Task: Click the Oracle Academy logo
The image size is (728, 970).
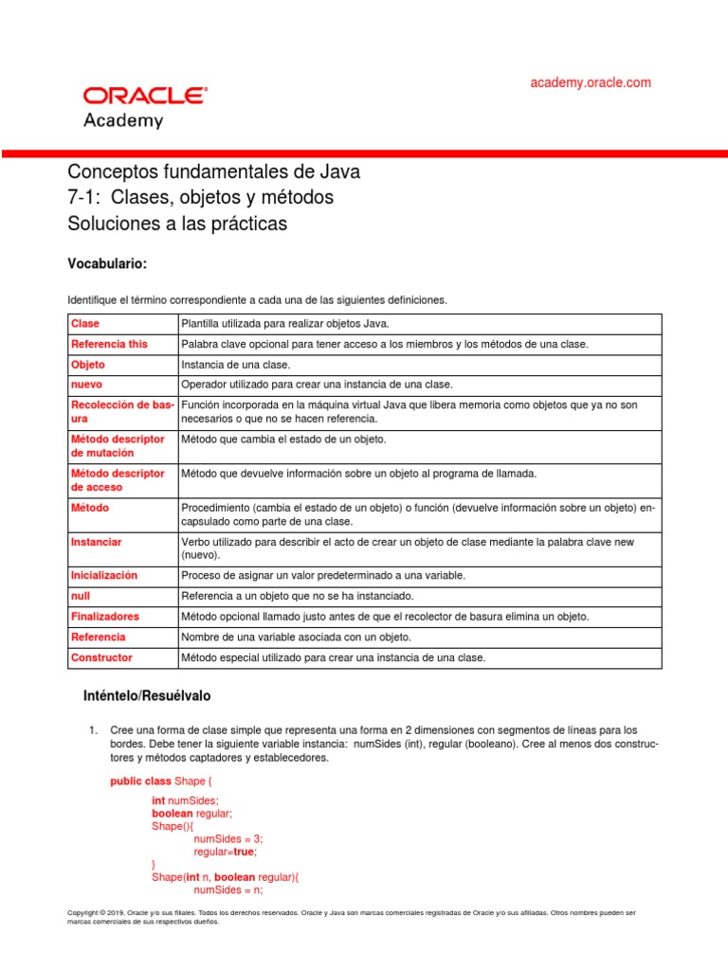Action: coord(145,107)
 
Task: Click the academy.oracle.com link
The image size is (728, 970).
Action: coord(591,82)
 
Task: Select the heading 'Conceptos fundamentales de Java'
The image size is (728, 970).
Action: coord(214,172)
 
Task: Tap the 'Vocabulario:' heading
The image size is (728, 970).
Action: coord(107,262)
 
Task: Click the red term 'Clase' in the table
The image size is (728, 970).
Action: coord(85,324)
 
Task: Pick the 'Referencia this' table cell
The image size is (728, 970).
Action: coord(109,344)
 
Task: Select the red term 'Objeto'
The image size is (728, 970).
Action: coord(88,365)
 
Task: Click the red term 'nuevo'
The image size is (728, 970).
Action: coord(86,385)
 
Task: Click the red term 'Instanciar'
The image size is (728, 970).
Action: coord(96,542)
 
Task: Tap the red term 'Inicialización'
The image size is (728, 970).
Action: coord(104,575)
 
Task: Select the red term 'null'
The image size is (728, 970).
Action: coord(81,596)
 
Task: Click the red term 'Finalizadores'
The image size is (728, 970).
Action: coord(105,617)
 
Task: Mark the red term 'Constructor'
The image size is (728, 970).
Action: coord(101,657)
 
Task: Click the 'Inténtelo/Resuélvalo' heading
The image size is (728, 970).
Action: coord(148,696)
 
